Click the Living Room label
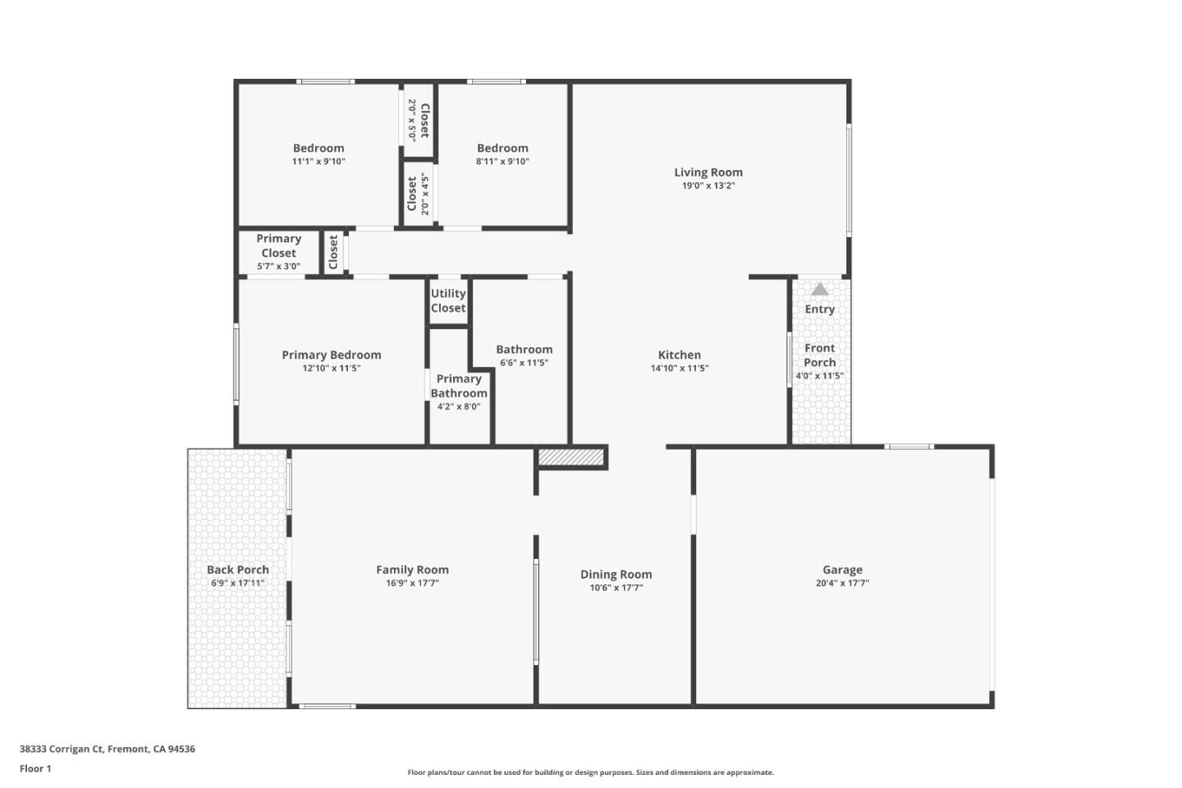pos(708,172)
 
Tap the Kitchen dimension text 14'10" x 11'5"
pos(679,369)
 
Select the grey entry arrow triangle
pos(819,289)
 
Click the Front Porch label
pos(819,355)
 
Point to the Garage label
pos(842,570)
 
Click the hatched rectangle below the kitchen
pos(572,456)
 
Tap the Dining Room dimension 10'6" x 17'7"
pos(616,588)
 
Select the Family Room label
pos(412,570)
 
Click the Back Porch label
pos(237,570)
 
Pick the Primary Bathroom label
pos(459,386)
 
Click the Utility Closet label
pos(448,300)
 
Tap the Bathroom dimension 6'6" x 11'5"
pos(524,363)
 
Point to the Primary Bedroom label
pos(331,355)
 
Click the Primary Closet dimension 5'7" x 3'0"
pos(278,267)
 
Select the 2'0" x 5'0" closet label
pos(419,120)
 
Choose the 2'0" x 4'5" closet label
pos(418,195)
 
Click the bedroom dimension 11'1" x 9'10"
pos(318,162)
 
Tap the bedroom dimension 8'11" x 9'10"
pos(502,162)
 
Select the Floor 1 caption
pos(35,769)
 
